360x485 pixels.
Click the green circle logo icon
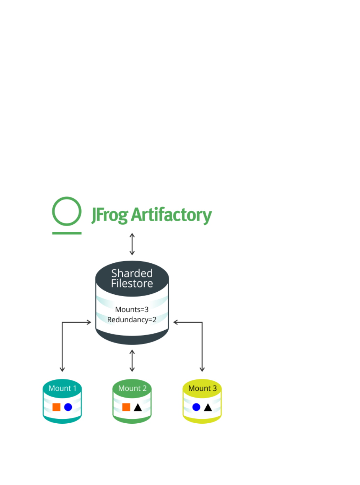click(67, 211)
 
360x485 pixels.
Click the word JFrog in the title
click(110, 215)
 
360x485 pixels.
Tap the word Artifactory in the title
click(171, 215)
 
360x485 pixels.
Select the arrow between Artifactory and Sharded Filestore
click(132, 244)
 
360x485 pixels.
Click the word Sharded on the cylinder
click(132, 273)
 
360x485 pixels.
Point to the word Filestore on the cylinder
click(132, 284)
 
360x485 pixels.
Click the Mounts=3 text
click(132, 309)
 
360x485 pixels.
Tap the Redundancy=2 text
click(132, 320)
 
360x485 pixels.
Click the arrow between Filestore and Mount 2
click(132, 361)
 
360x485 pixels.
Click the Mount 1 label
click(62, 388)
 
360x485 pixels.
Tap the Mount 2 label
click(132, 388)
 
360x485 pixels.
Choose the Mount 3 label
click(202, 388)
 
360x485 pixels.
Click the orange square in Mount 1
click(56, 407)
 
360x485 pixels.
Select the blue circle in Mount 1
click(68, 407)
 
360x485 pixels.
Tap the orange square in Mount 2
click(126, 407)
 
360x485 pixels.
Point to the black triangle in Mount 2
click(138, 407)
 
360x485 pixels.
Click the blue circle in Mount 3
click(196, 407)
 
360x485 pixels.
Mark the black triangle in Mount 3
click(208, 407)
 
